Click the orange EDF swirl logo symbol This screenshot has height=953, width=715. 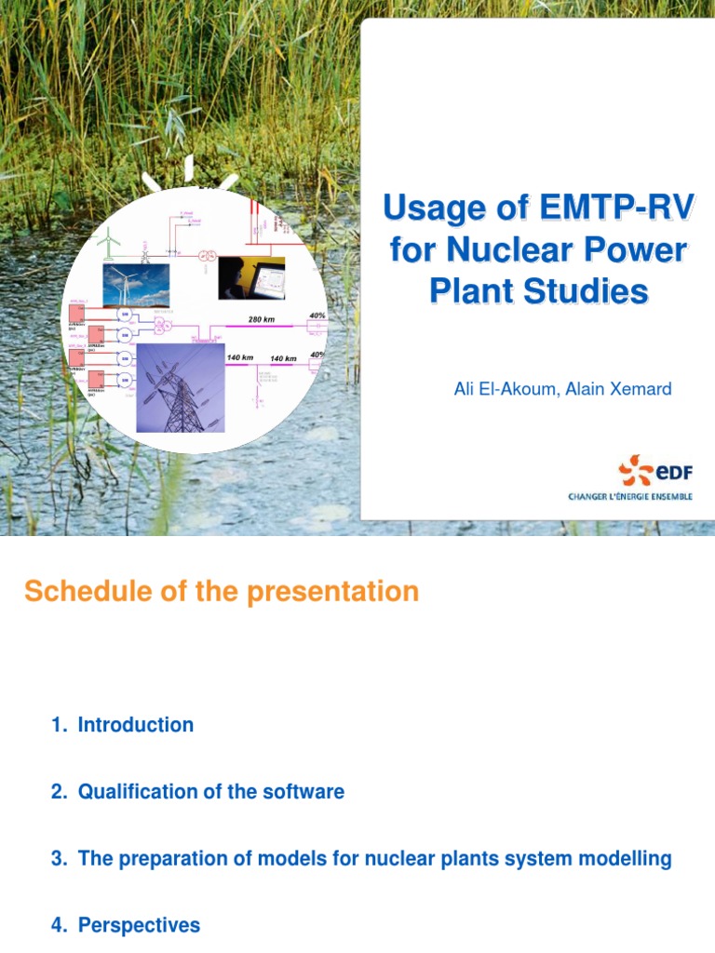pyautogui.click(x=638, y=470)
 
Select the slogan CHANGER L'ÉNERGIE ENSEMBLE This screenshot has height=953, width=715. pyautogui.click(x=630, y=497)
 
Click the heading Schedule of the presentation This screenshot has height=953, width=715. pyautogui.click(x=222, y=592)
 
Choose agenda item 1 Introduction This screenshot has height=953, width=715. pyautogui.click(x=123, y=725)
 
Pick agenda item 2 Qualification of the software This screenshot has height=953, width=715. pyautogui.click(x=197, y=792)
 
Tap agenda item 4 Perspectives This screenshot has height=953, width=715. pyautogui.click(x=126, y=925)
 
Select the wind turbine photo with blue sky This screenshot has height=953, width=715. pyautogui.click(x=136, y=285)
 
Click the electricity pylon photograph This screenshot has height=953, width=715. pyautogui.click(x=181, y=386)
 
